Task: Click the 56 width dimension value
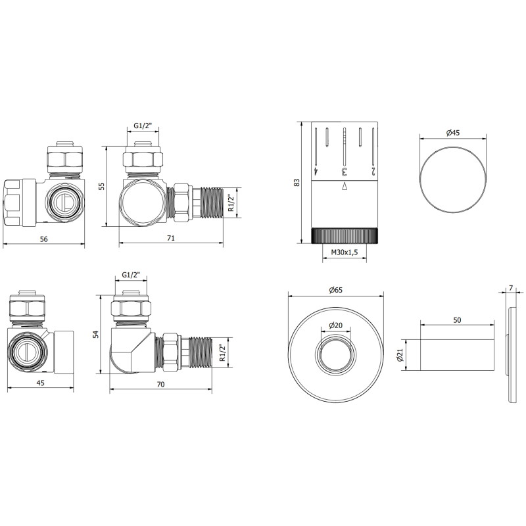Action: tap(43, 239)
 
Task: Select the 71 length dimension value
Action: tap(171, 238)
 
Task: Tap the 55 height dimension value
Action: tap(102, 186)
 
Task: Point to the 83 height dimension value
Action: tap(297, 183)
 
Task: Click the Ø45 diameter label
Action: tap(453, 133)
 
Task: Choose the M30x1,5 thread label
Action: tap(344, 252)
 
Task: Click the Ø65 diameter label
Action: tap(336, 290)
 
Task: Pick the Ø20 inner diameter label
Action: tap(336, 325)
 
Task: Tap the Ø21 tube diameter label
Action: tap(400, 355)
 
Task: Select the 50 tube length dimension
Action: tap(457, 320)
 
